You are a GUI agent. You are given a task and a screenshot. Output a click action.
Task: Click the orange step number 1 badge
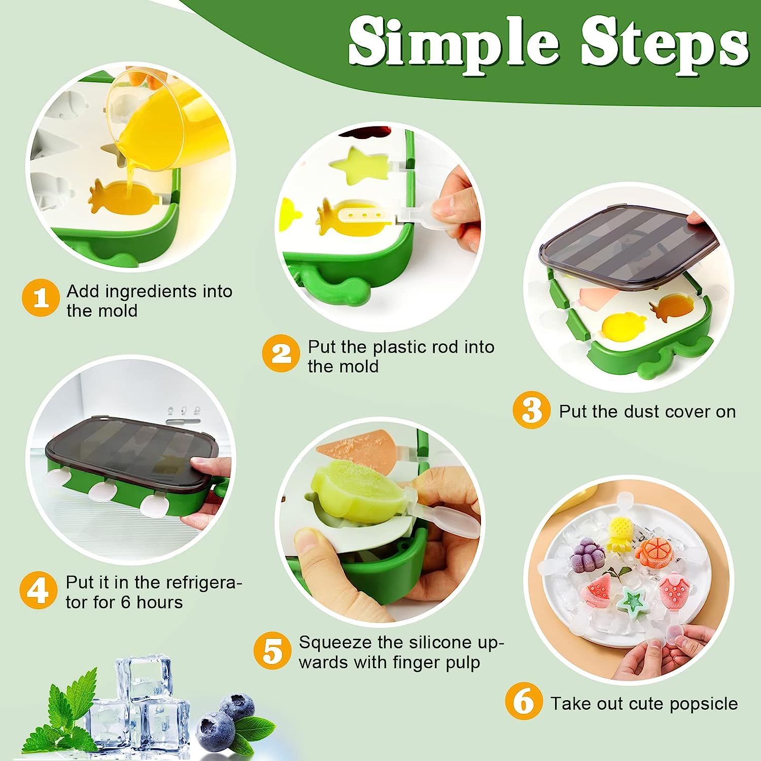click(41, 298)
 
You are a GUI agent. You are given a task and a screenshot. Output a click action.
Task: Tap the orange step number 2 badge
click(281, 353)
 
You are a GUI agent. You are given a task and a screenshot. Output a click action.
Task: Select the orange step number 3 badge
click(531, 410)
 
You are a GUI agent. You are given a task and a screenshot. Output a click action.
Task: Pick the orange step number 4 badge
click(38, 590)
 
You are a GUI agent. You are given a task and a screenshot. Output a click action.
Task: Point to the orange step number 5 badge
click(272, 650)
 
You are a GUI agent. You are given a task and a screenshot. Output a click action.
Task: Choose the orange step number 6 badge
click(524, 701)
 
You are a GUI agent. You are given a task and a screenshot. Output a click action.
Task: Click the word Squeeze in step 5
click(335, 642)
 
